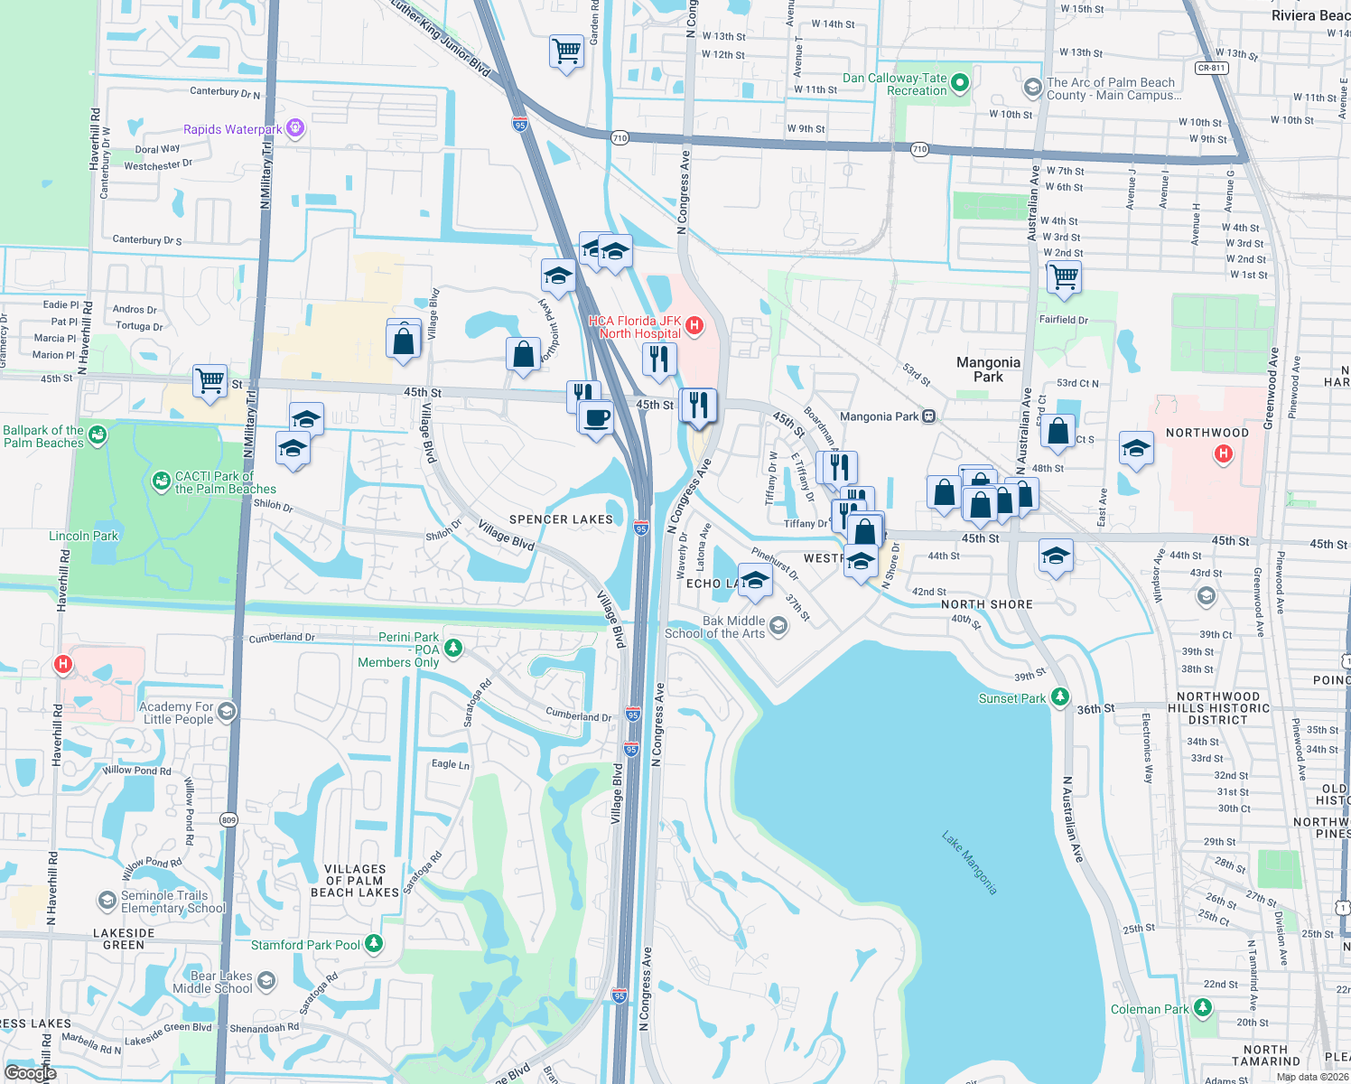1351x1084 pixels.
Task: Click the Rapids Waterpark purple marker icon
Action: pyautogui.click(x=294, y=129)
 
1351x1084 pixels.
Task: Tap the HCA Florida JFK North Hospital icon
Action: pyautogui.click(x=694, y=326)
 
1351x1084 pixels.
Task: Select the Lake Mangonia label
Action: pyautogui.click(x=969, y=863)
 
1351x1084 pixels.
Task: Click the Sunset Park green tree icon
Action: pyautogui.click(x=1060, y=697)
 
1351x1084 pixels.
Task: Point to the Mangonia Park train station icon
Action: pyautogui.click(x=929, y=416)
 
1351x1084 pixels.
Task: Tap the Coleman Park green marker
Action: pyautogui.click(x=1202, y=1007)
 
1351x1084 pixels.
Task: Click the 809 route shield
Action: pyautogui.click(x=228, y=820)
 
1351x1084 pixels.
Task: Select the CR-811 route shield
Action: pyautogui.click(x=1211, y=68)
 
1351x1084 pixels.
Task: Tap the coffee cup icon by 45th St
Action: pyautogui.click(x=596, y=418)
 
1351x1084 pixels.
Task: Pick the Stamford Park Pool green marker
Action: pyautogui.click(x=373, y=944)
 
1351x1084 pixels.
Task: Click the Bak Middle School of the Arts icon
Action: pyautogui.click(x=778, y=626)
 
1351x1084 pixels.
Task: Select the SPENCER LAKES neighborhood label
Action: pyautogui.click(x=561, y=519)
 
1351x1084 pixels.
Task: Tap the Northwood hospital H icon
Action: pyautogui.click(x=1224, y=453)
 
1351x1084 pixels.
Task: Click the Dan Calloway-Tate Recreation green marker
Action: pyautogui.click(x=960, y=83)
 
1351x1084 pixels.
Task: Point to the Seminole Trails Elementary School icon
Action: pyautogui.click(x=107, y=901)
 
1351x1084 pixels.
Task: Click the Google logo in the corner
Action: pyautogui.click(x=30, y=1072)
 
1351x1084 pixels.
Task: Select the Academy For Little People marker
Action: pyautogui.click(x=227, y=712)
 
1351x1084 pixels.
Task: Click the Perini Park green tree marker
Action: pyautogui.click(x=453, y=648)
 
